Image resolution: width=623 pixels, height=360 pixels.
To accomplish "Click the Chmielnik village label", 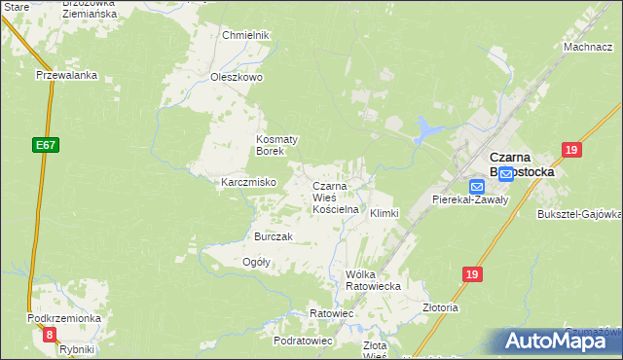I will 244,35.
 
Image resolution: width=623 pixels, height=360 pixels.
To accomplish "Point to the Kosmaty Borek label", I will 276,145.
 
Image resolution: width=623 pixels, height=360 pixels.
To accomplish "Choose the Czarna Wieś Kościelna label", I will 336,198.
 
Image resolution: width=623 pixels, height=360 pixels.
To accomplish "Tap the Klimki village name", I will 385,213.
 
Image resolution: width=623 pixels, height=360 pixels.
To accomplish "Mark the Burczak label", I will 274,237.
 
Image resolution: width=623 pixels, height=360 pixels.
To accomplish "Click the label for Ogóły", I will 255,263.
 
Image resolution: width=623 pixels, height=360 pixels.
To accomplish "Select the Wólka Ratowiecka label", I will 373,280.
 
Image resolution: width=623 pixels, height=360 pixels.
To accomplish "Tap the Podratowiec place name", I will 304,342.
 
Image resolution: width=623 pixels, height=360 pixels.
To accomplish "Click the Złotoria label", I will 441,307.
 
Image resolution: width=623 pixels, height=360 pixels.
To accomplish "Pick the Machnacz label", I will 587,47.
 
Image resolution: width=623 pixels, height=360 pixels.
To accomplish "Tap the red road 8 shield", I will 50,335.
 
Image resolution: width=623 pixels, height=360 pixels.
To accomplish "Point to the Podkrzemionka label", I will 64,319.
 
